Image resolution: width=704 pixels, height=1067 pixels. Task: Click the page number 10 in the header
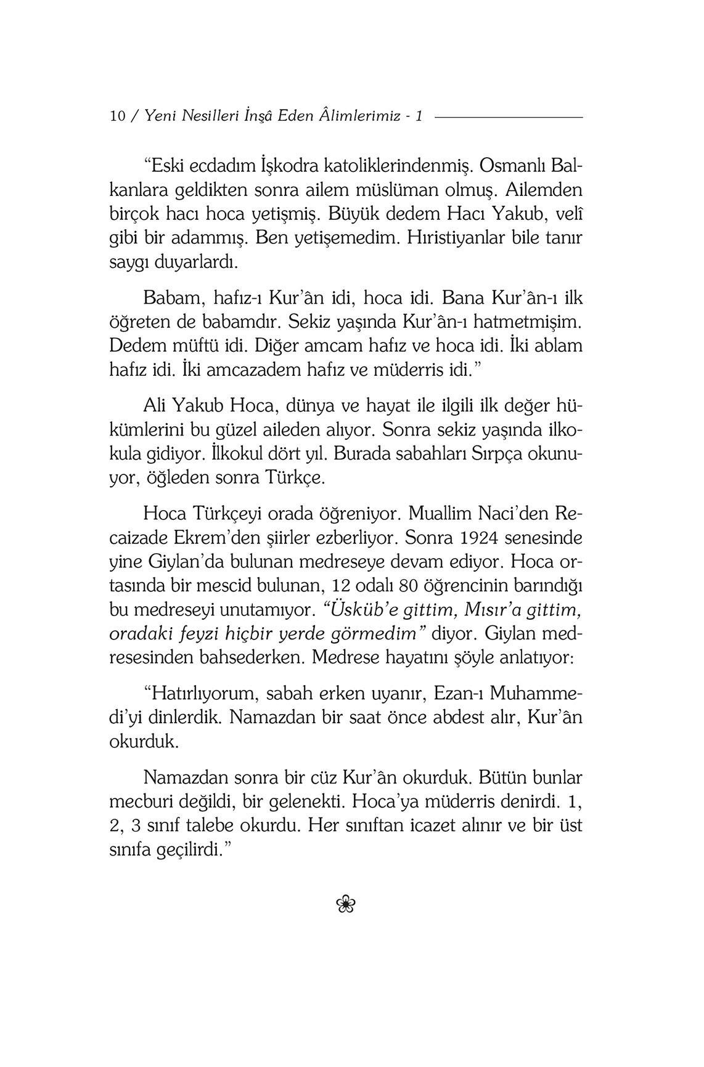click(117, 116)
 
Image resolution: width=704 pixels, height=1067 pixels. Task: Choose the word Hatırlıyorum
click(201, 693)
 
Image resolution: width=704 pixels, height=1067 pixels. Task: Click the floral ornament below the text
click(346, 904)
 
